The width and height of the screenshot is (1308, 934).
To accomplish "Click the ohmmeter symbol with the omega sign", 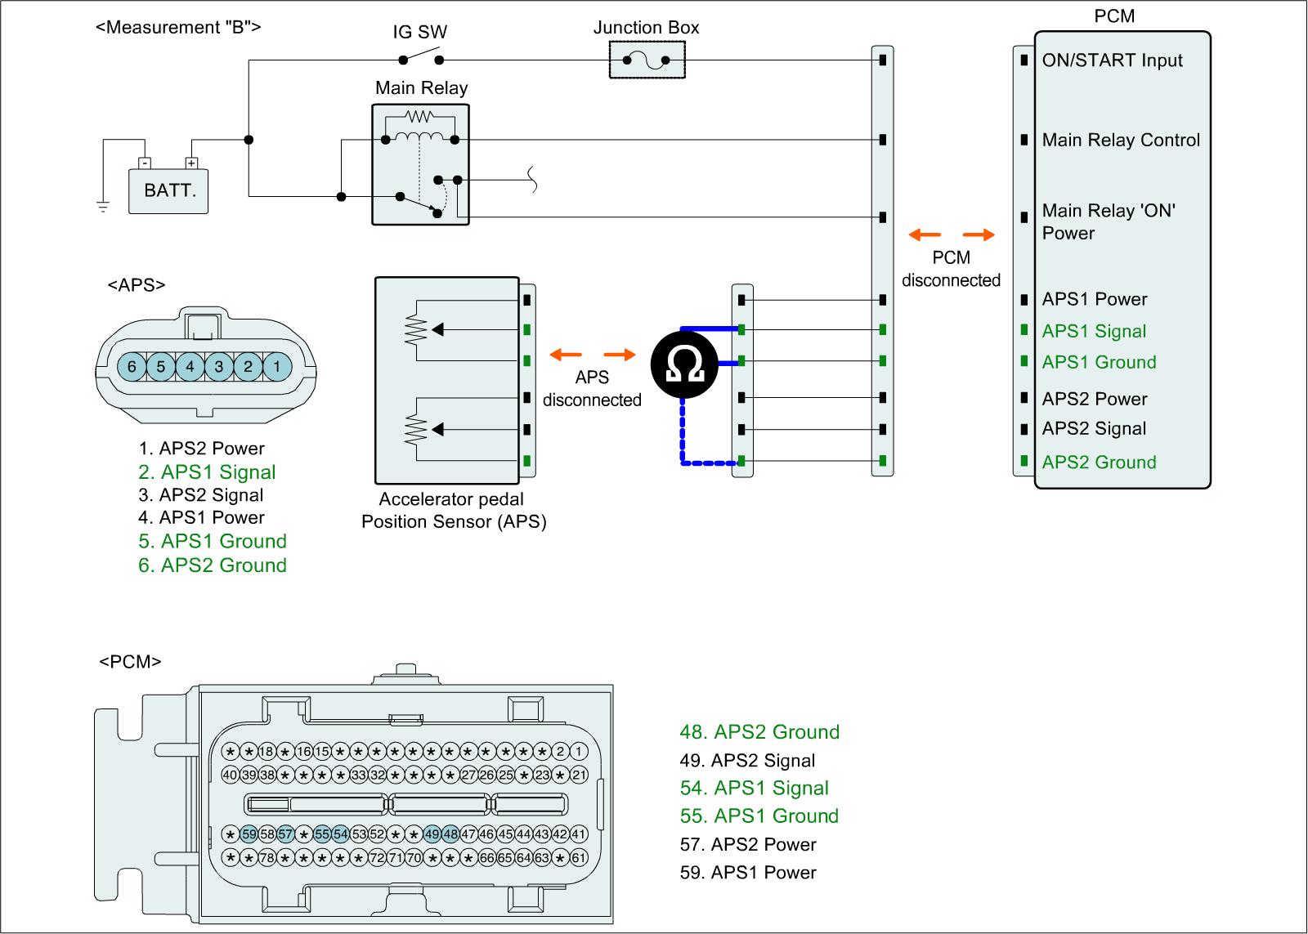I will coord(684,365).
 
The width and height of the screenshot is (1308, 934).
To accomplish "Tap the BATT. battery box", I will coord(168,191).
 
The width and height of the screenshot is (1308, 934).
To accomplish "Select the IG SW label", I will coord(420,33).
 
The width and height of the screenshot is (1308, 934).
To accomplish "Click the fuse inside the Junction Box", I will coord(647,60).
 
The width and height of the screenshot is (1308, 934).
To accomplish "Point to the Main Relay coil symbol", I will coord(419,135).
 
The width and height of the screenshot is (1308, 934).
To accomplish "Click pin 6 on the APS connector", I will coord(132,367).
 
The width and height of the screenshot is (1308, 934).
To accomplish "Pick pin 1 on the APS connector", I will coord(276,367).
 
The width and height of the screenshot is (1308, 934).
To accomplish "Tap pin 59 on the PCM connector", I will coord(249,834).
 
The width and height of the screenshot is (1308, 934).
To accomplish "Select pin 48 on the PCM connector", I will coord(450,834).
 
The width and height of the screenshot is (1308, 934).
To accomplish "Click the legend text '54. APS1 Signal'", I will coord(754,789).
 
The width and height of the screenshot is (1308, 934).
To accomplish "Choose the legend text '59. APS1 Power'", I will coord(748,873).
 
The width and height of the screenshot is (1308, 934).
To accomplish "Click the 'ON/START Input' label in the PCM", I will coord(1112,60).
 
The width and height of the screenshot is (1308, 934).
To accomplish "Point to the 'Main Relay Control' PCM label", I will coord(1121,141).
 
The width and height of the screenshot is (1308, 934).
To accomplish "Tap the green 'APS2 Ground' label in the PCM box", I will coord(1099,463).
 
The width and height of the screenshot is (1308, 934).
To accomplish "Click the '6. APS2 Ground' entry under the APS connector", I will coord(212,565).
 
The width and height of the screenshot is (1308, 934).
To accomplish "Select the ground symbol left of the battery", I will coord(103,206).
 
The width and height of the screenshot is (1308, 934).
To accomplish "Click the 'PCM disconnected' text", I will coord(951,269).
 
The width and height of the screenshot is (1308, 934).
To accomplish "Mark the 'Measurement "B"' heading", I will coord(178,27).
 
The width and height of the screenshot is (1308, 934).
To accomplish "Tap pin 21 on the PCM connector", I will coord(579,775).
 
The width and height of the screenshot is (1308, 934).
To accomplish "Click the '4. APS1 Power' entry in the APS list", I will coord(201,517).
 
